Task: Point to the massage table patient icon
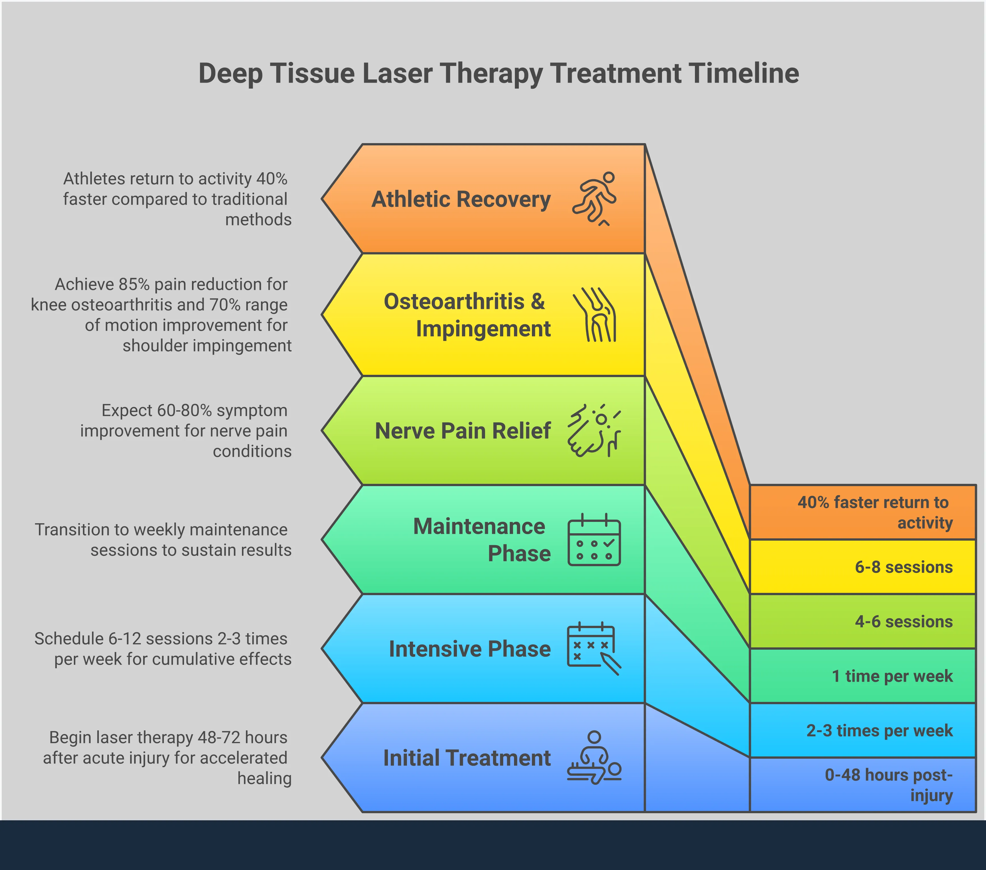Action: (594, 758)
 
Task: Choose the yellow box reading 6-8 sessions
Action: (862, 567)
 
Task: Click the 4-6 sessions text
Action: (904, 622)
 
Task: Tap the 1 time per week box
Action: (862, 676)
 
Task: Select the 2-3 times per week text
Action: (880, 731)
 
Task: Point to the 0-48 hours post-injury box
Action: (862, 785)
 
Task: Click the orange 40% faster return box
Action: (862, 512)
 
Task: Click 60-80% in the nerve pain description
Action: (184, 410)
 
